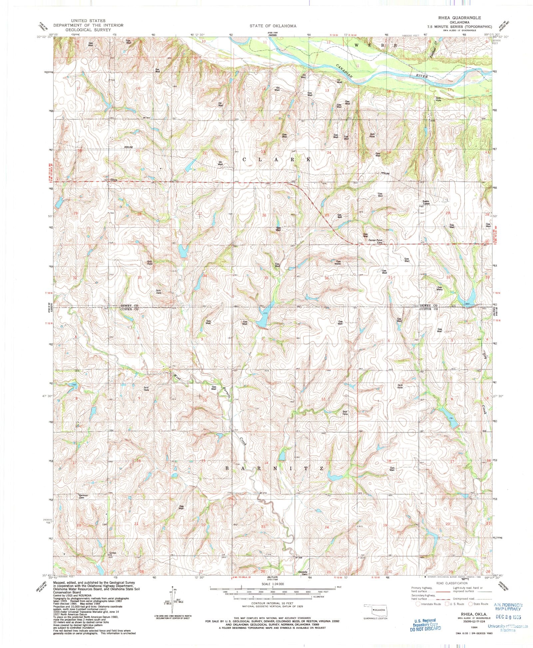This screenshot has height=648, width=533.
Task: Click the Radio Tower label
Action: [x=426, y=202]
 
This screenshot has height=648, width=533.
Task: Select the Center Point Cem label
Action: [x=375, y=241]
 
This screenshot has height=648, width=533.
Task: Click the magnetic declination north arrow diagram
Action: [x=173, y=602]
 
